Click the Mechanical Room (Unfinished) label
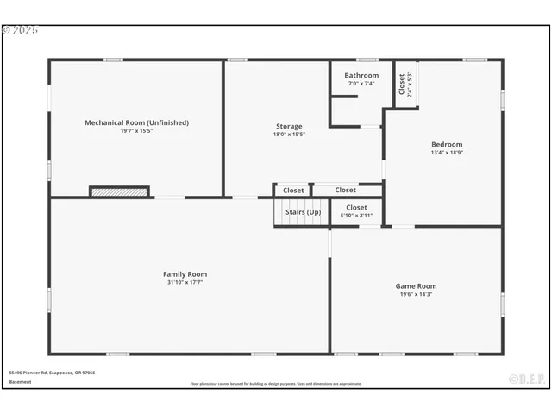(136, 122)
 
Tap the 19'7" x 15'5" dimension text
(136, 131)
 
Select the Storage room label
(289, 126)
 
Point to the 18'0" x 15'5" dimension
(289, 135)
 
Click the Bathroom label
(361, 75)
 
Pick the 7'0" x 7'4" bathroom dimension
(361, 84)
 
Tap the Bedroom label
(447, 144)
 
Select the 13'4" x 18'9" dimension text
(447, 153)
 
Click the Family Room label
(185, 274)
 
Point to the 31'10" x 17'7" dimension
(185, 283)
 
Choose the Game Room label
(416, 285)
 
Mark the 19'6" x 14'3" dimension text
(416, 294)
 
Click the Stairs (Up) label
(303, 212)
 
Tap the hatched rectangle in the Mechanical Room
(119, 191)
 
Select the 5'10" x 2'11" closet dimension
(356, 216)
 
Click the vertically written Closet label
(402, 84)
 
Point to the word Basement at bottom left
(20, 381)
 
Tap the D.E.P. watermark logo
(525, 378)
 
